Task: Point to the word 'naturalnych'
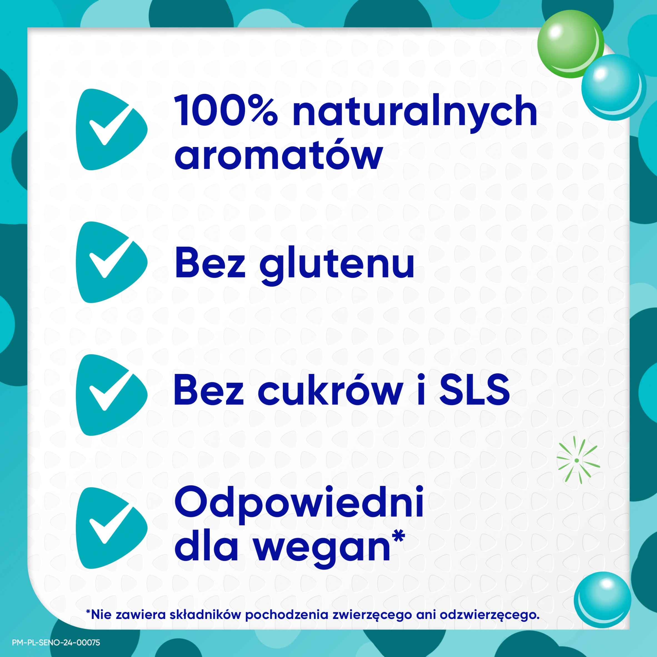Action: click(x=414, y=111)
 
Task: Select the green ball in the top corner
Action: click(x=570, y=44)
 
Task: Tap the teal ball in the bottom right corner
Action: click(x=602, y=599)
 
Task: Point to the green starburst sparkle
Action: click(x=577, y=460)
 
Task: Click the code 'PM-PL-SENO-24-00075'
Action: click(x=56, y=642)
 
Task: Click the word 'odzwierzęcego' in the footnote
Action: click(x=489, y=615)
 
